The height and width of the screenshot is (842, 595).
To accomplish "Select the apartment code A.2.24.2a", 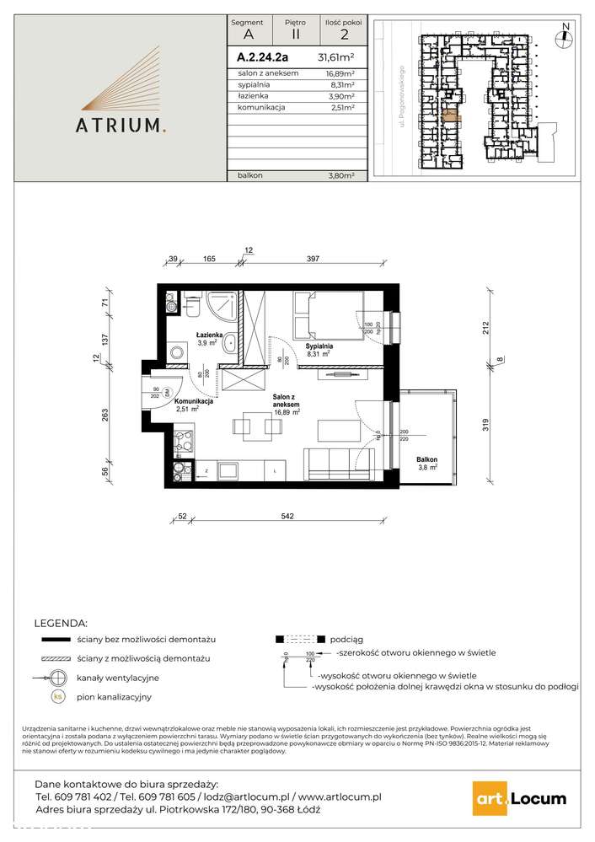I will pos(262,58).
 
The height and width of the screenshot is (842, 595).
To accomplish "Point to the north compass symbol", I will pos(566,33).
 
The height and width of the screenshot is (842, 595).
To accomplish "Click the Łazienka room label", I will pos(211,335).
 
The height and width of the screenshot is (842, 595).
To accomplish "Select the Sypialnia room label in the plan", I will pos(319,346).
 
